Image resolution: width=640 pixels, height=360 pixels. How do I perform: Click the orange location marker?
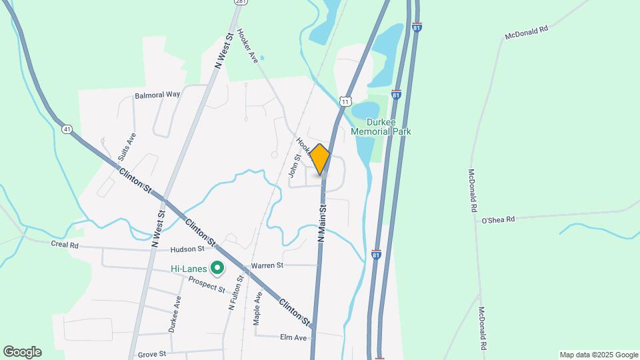pyautogui.click(x=320, y=159)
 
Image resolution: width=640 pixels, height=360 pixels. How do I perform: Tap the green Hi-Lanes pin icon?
pyautogui.click(x=217, y=269)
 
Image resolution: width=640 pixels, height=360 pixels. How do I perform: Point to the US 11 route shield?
pyautogui.click(x=344, y=100)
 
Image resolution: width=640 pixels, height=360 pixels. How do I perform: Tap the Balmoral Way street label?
pyautogui.click(x=157, y=95)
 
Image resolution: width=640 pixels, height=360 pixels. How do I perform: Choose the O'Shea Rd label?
pyautogui.click(x=499, y=219)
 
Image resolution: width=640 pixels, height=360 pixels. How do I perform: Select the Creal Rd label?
pyautogui.click(x=65, y=245)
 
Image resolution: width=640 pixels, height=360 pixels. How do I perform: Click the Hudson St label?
pyautogui.click(x=187, y=249)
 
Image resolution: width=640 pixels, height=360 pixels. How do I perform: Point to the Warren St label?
pyautogui.click(x=267, y=265)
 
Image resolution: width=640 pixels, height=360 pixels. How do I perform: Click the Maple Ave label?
pyautogui.click(x=257, y=308)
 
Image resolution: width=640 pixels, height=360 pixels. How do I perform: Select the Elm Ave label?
pyautogui.click(x=293, y=338)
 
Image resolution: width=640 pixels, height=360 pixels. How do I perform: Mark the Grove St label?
pyautogui.click(x=151, y=354)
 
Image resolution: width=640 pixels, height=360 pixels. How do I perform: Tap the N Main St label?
pyautogui.click(x=321, y=223)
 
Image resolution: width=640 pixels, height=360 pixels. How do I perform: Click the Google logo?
pyautogui.click(x=22, y=352)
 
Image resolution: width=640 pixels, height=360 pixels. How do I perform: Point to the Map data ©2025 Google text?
pyautogui.click(x=598, y=355)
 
